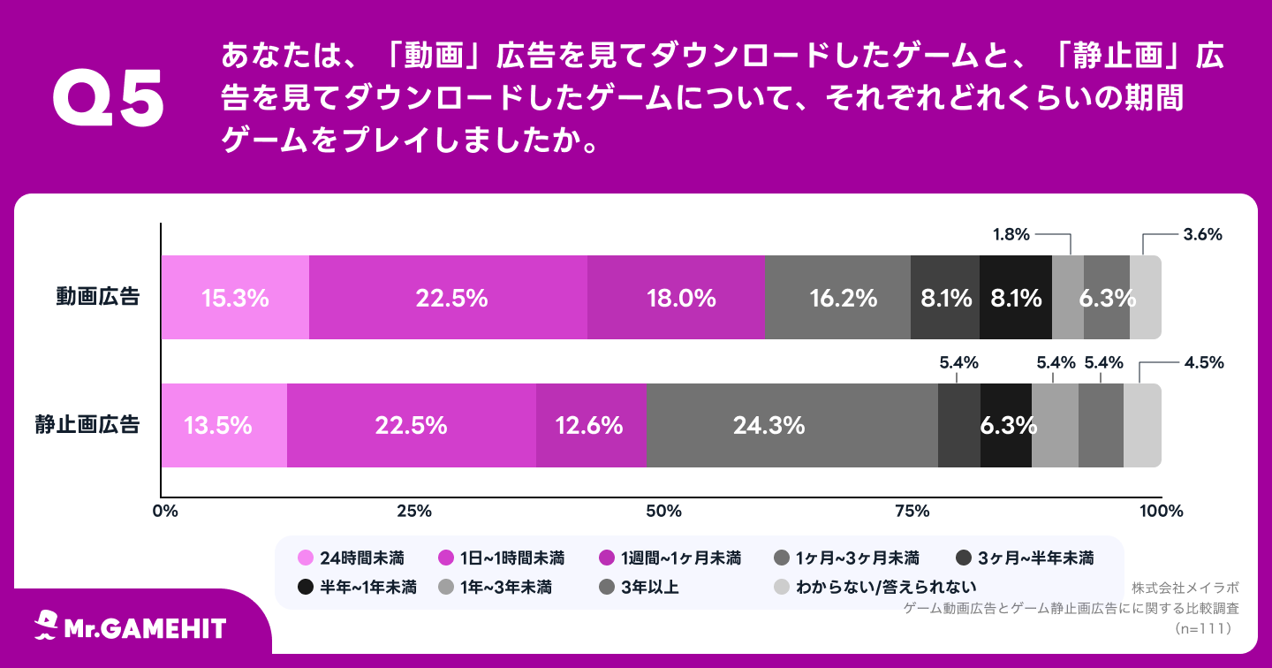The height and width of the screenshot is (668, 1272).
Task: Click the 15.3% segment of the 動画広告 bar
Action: click(x=235, y=298)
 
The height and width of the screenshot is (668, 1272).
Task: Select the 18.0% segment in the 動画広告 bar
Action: click(x=676, y=298)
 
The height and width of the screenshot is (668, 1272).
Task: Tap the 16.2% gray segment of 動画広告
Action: click(x=837, y=298)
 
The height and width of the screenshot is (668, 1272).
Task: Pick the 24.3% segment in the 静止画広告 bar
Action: click(x=791, y=425)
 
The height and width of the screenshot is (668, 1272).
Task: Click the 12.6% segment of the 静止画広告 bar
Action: click(x=590, y=425)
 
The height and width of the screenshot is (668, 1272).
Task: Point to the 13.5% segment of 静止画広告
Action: click(x=223, y=425)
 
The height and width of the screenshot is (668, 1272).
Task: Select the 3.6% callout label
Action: click(x=1202, y=235)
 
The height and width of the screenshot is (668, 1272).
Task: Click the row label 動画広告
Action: click(x=98, y=297)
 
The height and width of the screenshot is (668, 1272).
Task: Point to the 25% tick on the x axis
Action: click(x=413, y=511)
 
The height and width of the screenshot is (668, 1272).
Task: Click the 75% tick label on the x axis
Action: click(x=912, y=511)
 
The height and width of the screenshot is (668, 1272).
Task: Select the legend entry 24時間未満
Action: click(x=353, y=558)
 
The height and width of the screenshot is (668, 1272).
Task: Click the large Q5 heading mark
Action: click(x=109, y=99)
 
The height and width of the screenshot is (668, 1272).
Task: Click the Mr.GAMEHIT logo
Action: click(x=131, y=627)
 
